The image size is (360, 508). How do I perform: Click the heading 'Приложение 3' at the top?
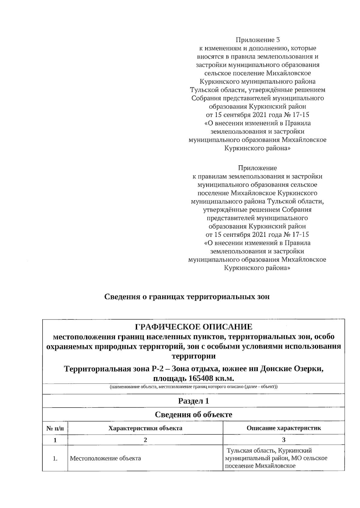pos(257,40)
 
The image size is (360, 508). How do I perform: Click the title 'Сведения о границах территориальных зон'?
pos(187,297)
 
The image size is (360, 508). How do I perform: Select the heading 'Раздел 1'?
pos(193,401)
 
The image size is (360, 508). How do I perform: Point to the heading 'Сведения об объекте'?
pos(193,414)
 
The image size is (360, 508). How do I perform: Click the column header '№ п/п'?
pos(55,428)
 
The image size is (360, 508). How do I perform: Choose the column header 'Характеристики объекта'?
pos(145,428)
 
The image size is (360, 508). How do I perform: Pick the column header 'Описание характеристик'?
pos(283,428)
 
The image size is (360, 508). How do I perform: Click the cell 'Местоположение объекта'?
pos(105,458)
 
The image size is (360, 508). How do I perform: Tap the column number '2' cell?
pos(145,440)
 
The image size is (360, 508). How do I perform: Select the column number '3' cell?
pos(283,440)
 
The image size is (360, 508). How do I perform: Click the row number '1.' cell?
pos(55,458)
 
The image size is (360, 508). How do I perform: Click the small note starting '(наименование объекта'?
pos(193,387)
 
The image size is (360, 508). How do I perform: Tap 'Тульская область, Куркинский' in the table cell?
pos(269,450)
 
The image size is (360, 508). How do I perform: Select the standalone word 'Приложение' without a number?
pos(257,168)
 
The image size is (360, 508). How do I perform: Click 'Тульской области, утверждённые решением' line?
pos(257,90)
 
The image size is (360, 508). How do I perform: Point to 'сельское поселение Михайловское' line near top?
pos(257,73)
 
